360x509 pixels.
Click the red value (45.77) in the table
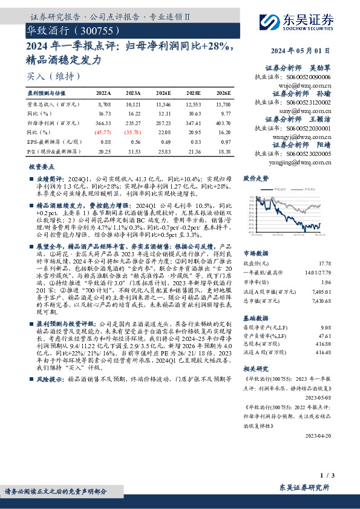(x=104, y=131)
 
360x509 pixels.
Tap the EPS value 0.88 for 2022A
(x=104, y=140)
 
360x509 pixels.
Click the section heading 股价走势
(x=255, y=178)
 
